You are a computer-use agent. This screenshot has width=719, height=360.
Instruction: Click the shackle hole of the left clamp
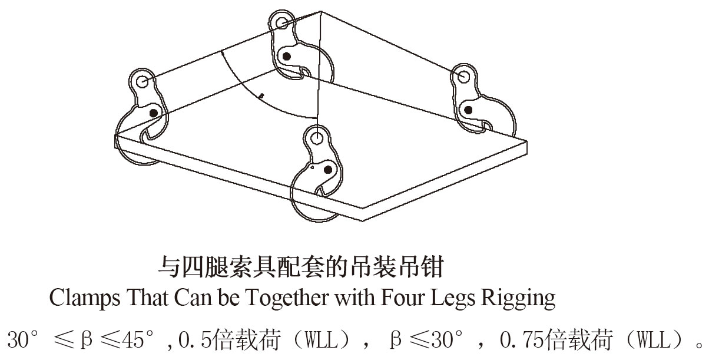142,81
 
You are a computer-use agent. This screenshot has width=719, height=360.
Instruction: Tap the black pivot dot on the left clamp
154,112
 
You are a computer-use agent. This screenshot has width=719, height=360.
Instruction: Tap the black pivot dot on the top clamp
287,57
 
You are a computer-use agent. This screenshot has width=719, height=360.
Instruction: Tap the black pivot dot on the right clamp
469,110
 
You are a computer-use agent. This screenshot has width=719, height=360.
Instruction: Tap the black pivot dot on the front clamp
329,170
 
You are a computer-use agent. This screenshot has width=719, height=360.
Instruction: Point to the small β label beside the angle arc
262,94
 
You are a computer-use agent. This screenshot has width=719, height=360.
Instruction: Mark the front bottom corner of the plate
362,221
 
